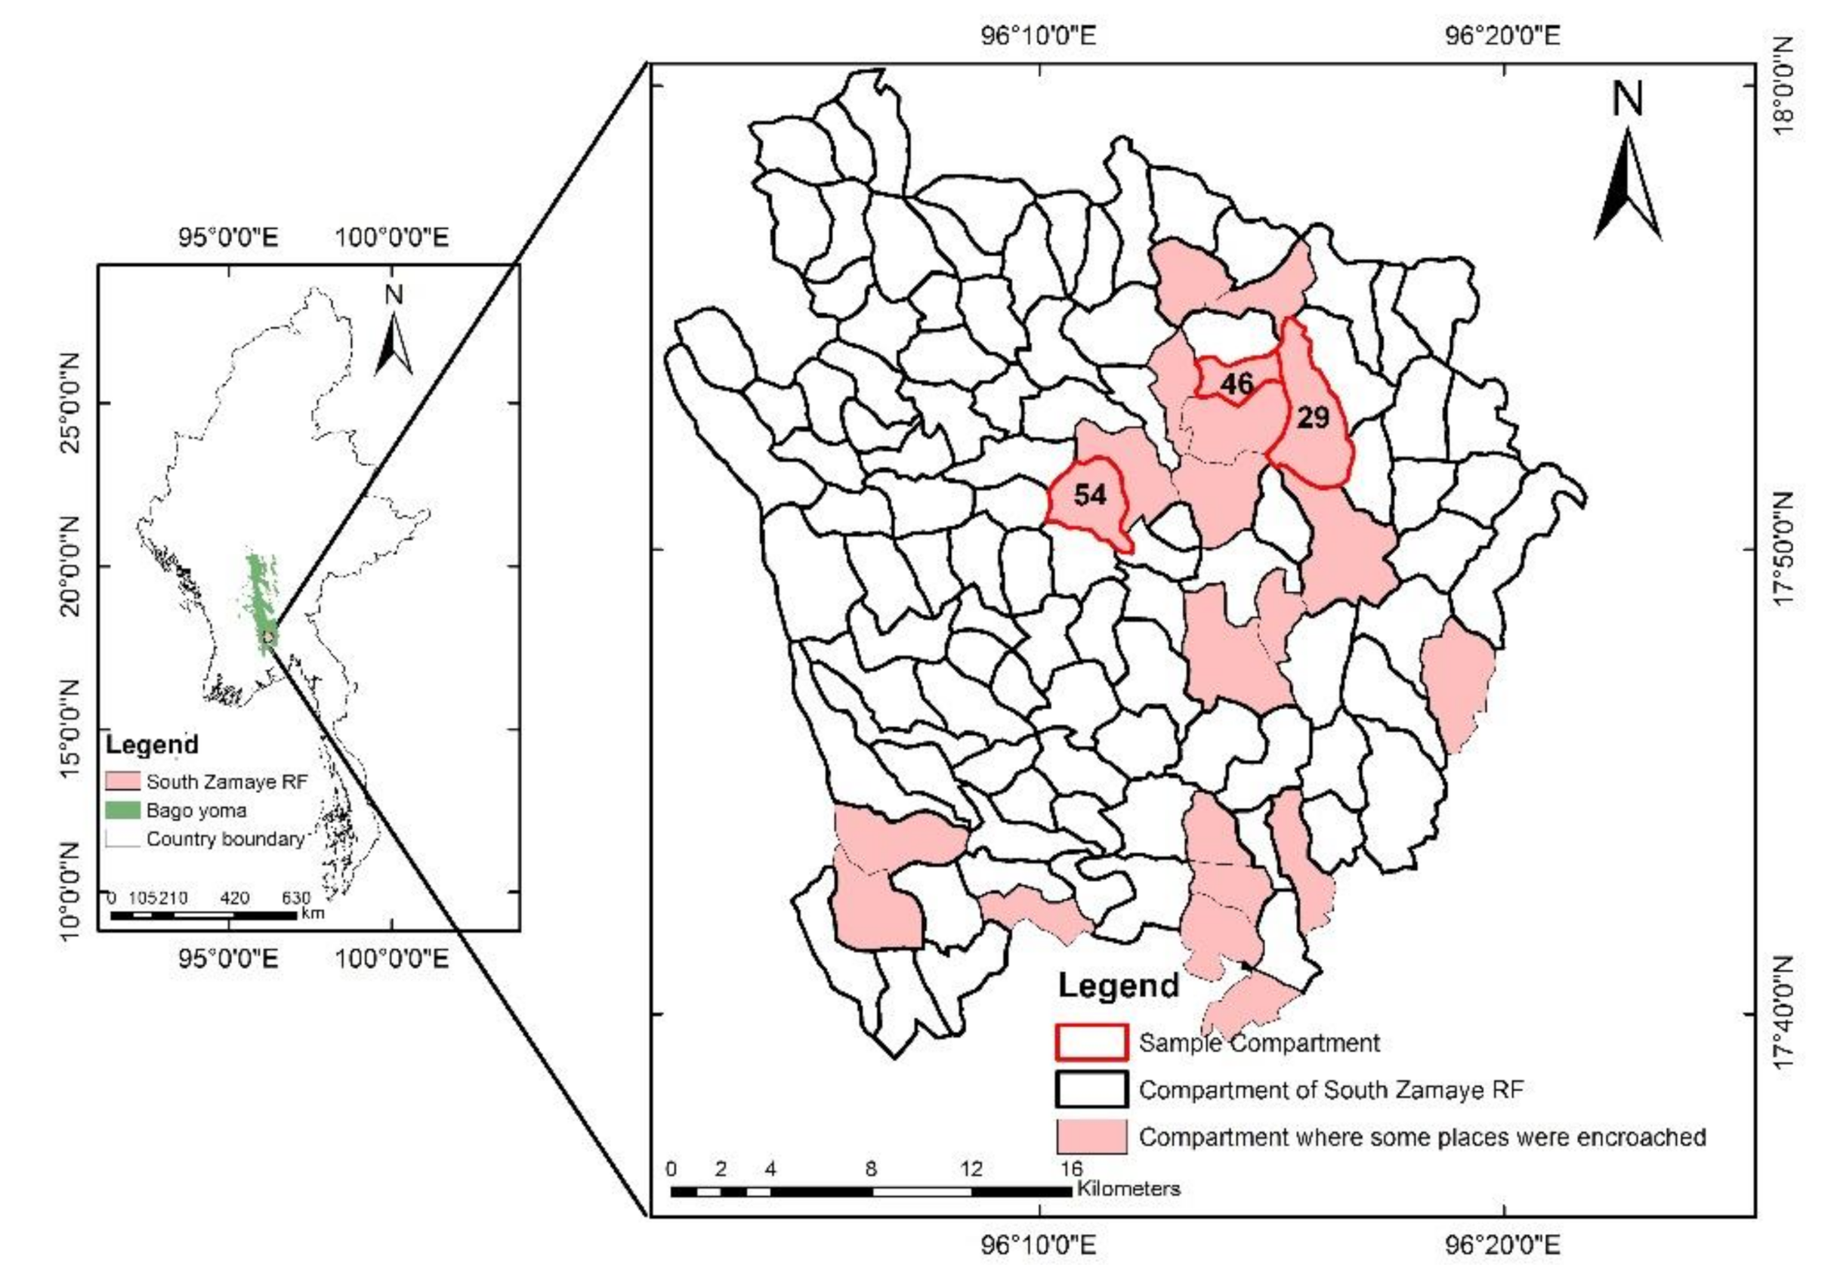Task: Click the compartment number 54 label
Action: pyautogui.click(x=1089, y=495)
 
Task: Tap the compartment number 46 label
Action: pyautogui.click(x=1237, y=384)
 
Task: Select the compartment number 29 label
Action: pyautogui.click(x=1313, y=418)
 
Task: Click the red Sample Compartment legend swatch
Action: pyautogui.click(x=1091, y=1042)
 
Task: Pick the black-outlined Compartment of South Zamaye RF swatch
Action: pyautogui.click(x=1091, y=1090)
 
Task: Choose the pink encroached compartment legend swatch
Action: pyautogui.click(x=1091, y=1137)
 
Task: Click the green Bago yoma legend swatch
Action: pyautogui.click(x=122, y=810)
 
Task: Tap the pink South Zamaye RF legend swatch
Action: pyautogui.click(x=122, y=781)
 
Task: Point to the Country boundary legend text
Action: pyautogui.click(x=225, y=838)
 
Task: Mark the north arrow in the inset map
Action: pyautogui.click(x=394, y=338)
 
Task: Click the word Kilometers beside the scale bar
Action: pyautogui.click(x=1128, y=1189)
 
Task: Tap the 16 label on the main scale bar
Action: pyautogui.click(x=1071, y=1169)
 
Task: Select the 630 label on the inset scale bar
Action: pyautogui.click(x=295, y=898)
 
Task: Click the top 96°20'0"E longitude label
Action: pyautogui.click(x=1502, y=35)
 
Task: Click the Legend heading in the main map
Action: pyautogui.click(x=1118, y=986)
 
